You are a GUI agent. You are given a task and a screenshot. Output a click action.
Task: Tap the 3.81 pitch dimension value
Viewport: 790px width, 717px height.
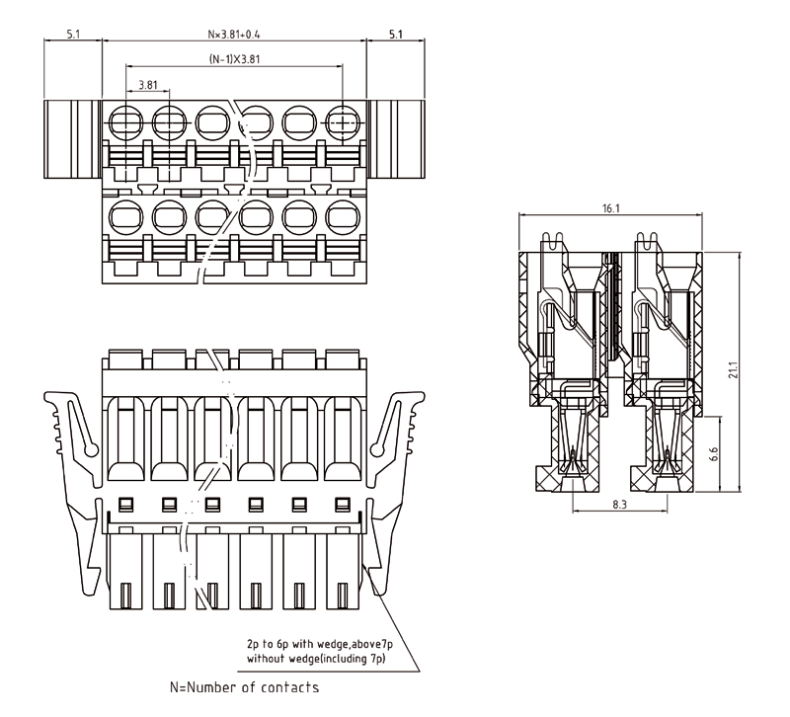click(147, 84)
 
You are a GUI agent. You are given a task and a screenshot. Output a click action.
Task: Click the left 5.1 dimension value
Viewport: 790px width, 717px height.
click(74, 34)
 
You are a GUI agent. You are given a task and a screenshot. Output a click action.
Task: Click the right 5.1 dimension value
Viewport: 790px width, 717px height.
click(395, 34)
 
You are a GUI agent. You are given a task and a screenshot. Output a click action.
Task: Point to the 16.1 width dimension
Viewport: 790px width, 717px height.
click(610, 208)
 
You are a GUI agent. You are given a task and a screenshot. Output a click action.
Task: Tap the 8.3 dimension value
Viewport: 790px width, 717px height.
click(620, 505)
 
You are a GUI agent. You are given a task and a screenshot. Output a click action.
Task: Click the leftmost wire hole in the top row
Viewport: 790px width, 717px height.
click(125, 123)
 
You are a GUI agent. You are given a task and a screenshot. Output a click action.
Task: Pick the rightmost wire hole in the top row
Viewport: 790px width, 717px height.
click(343, 123)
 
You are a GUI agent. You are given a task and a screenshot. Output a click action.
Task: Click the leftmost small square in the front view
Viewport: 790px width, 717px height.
click(125, 505)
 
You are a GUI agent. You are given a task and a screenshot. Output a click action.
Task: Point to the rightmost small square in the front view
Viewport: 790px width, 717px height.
click(343, 505)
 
